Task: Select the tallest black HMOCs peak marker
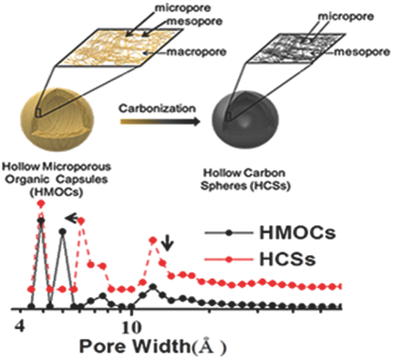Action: (x=41, y=220)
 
